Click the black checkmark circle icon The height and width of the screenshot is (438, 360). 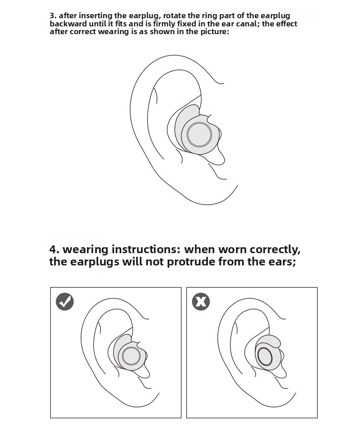click(65, 302)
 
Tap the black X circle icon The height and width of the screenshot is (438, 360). click(201, 302)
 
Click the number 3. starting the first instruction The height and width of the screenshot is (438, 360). click(53, 15)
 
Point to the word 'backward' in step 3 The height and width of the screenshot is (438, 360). click(68, 24)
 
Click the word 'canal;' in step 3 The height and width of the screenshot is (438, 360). click(248, 24)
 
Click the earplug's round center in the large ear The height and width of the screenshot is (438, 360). click(199, 135)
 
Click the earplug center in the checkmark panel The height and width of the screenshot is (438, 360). click(131, 357)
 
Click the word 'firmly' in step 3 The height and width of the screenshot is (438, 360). click(165, 24)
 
